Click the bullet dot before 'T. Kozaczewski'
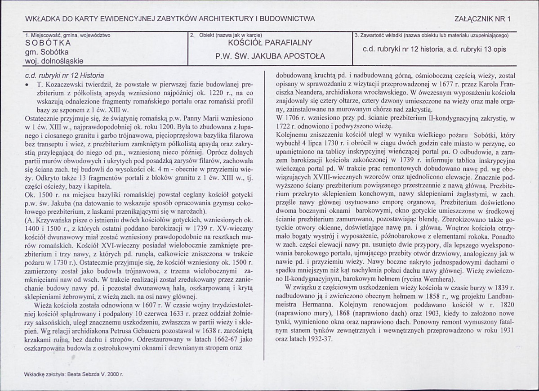(x=28, y=84)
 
